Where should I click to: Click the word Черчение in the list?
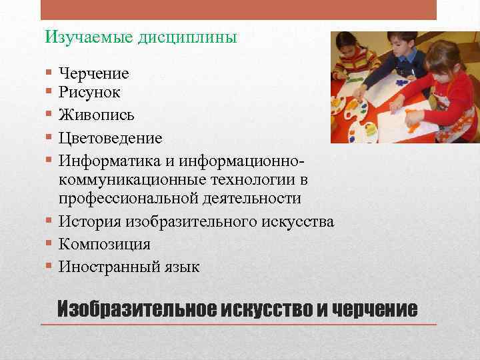93,73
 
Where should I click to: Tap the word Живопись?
96,115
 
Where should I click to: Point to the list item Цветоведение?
110,138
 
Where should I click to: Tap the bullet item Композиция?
104,244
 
